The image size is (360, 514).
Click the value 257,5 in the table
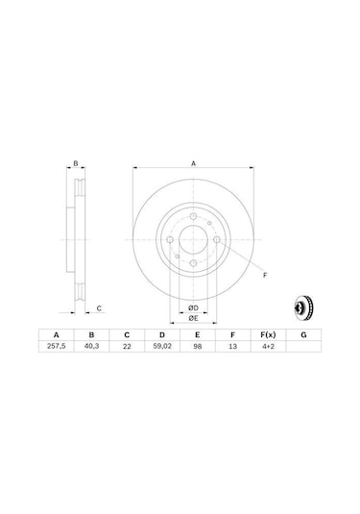click(57, 346)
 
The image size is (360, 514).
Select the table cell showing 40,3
click(92, 346)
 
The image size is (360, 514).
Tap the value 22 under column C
click(127, 347)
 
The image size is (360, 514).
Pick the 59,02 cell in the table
click(162, 346)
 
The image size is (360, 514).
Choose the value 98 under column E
click(197, 347)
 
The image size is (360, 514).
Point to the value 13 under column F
click(232, 347)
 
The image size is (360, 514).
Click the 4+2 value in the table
click(268, 347)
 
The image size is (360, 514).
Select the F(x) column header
click(268, 334)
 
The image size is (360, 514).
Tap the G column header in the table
click(303, 334)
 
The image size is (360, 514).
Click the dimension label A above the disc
click(193, 163)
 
